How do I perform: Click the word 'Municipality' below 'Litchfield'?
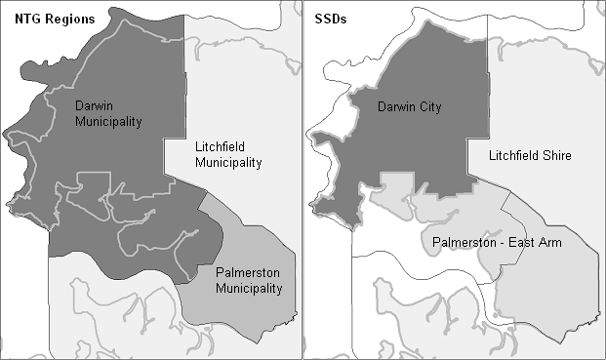[228, 163]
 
